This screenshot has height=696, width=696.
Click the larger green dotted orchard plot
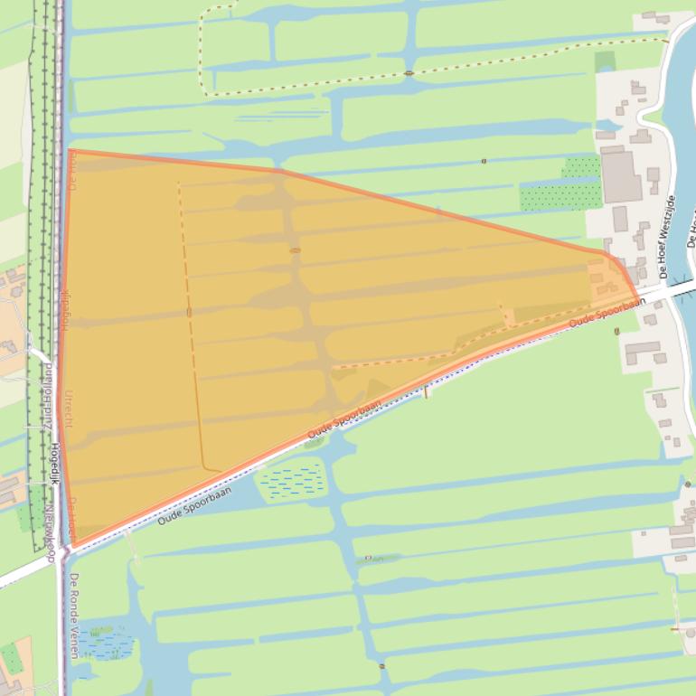[560, 195]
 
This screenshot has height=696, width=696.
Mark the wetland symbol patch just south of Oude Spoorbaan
[292, 480]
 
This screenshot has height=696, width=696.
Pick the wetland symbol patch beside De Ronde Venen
[105, 643]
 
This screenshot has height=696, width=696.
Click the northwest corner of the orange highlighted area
[70, 151]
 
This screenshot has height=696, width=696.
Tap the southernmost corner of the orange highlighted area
[75, 546]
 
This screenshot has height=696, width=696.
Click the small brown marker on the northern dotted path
[409, 72]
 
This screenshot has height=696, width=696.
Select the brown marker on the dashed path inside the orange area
[189, 312]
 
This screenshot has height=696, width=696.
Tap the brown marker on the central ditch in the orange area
[295, 250]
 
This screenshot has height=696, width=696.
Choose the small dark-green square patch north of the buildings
[605, 61]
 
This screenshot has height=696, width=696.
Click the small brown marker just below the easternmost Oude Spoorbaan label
[616, 331]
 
